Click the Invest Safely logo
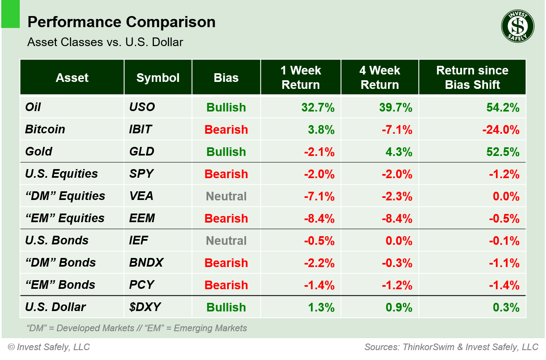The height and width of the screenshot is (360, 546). click(518, 26)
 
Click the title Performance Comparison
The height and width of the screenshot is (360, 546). click(121, 22)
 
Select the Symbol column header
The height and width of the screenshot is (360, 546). click(158, 78)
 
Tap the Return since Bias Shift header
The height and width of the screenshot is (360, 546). click(472, 78)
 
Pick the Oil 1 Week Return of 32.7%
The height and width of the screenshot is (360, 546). click(318, 107)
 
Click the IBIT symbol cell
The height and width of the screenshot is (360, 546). click(141, 129)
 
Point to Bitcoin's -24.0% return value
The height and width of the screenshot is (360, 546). click(501, 130)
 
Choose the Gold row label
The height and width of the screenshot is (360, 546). click(39, 151)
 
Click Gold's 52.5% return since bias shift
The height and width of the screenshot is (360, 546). click(503, 152)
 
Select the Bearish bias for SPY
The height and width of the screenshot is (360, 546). click(226, 174)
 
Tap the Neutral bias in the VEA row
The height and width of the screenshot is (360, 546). click(226, 196)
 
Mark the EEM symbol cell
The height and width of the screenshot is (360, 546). click(142, 218)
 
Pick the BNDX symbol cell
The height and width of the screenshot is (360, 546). click(146, 262)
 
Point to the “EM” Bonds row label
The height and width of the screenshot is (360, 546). click(60, 285)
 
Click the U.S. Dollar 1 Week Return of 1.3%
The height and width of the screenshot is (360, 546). click(321, 307)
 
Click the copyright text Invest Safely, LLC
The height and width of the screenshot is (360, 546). click(49, 347)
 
